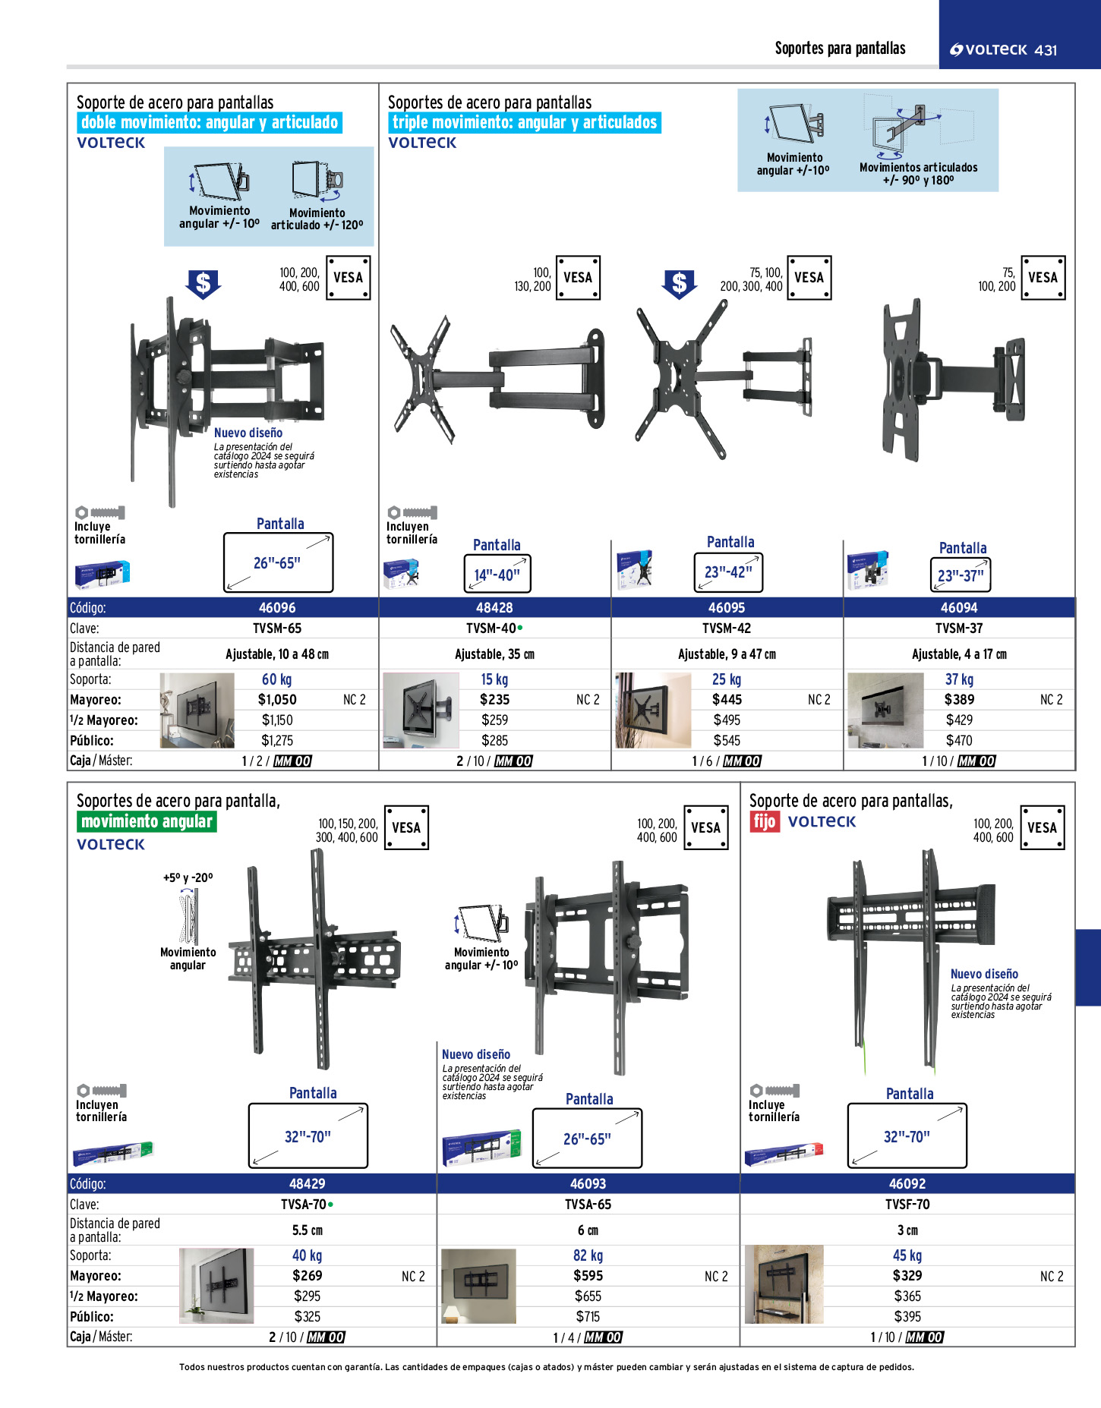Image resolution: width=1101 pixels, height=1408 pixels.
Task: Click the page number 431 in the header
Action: [x=1046, y=50]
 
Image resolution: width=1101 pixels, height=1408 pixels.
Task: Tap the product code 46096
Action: [x=277, y=608]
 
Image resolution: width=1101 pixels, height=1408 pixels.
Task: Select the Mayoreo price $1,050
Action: [x=277, y=700]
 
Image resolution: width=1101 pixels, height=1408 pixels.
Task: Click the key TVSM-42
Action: [x=727, y=628]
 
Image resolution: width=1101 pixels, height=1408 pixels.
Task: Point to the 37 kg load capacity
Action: [x=959, y=679]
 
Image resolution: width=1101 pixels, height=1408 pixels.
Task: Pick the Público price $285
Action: [x=494, y=741]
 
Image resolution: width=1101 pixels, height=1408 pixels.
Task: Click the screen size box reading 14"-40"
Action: [x=497, y=574]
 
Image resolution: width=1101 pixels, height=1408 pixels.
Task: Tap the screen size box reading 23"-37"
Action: [x=961, y=575]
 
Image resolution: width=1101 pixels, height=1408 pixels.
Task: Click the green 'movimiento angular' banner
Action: [x=147, y=821]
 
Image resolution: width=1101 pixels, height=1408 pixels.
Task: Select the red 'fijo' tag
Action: [x=765, y=821]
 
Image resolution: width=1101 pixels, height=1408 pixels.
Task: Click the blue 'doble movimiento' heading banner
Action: [x=210, y=123]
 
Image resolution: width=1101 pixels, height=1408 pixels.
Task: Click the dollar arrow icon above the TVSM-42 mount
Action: [x=679, y=285]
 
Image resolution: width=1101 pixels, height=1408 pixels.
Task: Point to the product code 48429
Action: [x=308, y=1184]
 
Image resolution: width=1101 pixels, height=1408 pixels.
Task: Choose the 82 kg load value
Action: [x=588, y=1256]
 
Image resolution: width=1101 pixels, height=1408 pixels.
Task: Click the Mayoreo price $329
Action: [x=907, y=1276]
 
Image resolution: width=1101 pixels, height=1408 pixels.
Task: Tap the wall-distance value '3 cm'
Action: [x=907, y=1230]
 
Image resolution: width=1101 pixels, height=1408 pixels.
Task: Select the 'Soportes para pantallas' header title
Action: [x=840, y=49]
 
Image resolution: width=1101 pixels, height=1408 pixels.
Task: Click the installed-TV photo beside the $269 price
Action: [x=216, y=1286]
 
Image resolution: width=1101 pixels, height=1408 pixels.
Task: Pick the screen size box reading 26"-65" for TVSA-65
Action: [x=587, y=1139]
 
